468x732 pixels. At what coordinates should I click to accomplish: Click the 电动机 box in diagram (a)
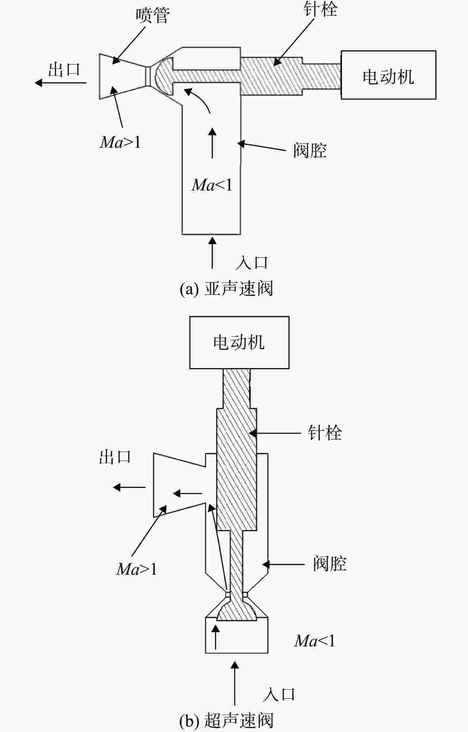(388, 75)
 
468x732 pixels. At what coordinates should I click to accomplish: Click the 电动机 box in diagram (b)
(239, 343)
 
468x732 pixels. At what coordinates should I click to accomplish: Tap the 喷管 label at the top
(153, 16)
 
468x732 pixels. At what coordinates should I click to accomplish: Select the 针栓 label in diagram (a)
(320, 9)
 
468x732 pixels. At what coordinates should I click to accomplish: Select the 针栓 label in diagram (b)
(325, 433)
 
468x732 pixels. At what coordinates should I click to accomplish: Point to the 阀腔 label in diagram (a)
(310, 151)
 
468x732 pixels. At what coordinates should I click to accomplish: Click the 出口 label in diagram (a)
(64, 70)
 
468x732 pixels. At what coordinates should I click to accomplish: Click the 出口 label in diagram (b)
(115, 457)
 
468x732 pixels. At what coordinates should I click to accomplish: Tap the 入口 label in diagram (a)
(252, 263)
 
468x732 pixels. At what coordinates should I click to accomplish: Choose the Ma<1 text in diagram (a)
(212, 185)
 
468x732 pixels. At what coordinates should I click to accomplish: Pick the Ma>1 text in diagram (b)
(137, 569)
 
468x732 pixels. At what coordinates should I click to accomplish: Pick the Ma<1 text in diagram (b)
(315, 641)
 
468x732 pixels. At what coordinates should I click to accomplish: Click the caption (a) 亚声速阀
(226, 289)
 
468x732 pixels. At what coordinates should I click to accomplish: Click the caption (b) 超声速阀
(226, 721)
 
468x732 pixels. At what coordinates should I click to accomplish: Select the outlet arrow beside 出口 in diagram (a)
(61, 83)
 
